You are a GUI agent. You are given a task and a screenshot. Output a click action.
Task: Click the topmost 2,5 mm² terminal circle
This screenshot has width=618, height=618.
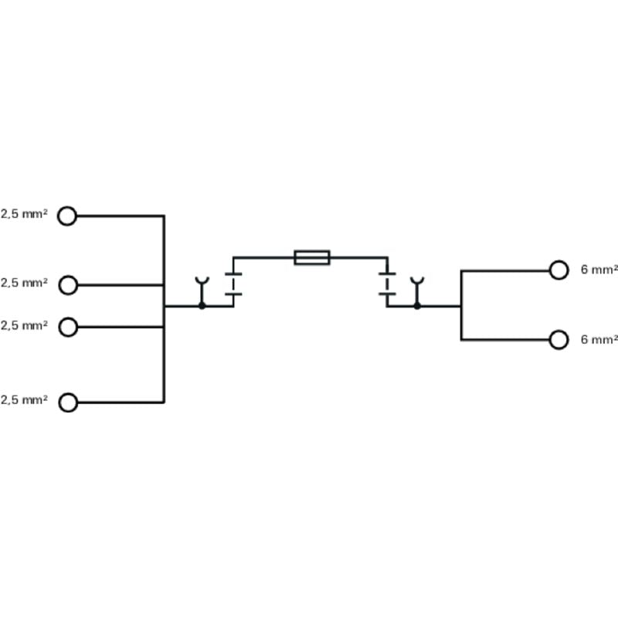coord(68,216)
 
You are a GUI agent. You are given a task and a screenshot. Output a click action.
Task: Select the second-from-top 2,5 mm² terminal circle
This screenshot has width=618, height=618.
coord(68,285)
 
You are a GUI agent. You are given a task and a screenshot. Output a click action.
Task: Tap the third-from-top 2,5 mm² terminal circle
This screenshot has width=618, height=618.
coord(68,327)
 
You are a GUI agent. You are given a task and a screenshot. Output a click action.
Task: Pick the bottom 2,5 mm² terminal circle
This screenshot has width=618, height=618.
coord(68,402)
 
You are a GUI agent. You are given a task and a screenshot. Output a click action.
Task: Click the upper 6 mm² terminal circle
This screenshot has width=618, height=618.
coord(559,270)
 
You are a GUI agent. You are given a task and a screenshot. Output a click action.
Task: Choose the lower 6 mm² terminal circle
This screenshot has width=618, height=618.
coord(559,339)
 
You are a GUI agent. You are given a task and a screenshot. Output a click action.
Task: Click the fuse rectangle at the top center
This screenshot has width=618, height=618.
coord(312,257)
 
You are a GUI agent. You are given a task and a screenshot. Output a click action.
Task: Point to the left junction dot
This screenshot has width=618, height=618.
coord(202,306)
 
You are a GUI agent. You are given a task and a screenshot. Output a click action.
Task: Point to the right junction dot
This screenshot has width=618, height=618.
coord(417,306)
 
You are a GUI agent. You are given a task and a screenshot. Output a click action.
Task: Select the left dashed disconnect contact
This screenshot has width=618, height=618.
coord(233,284)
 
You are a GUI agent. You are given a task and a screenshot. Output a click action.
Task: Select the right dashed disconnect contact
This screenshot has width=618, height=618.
coord(387,284)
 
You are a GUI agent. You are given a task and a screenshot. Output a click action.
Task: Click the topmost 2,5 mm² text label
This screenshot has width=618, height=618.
coord(24,214)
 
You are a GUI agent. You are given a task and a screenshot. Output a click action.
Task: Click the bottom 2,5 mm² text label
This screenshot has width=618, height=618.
coord(24,400)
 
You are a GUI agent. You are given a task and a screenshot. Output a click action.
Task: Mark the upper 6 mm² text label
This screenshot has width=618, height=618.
coord(599,270)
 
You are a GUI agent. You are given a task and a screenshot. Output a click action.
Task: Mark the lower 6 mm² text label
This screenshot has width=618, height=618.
coord(599,339)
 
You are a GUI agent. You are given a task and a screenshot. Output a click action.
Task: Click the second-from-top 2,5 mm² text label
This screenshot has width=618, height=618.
coord(24,284)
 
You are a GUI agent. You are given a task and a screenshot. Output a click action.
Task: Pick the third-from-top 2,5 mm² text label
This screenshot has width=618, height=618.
coord(24,325)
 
